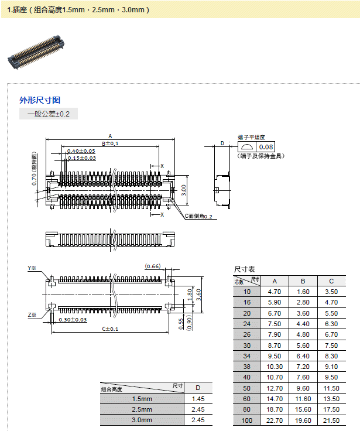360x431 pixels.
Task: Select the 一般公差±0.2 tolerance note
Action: coord(48,114)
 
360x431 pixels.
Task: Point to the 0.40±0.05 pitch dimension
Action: coord(81,151)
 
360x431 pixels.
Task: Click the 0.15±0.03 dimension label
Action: coord(81,158)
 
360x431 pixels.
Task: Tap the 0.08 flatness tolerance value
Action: coord(266,147)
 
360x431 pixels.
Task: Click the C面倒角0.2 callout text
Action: coord(201,216)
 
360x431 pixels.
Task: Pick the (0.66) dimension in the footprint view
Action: coord(153,266)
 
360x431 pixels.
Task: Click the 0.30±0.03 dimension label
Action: coord(72,320)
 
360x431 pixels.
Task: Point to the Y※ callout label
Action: coord(32,268)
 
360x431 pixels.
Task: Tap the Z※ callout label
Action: coord(32,315)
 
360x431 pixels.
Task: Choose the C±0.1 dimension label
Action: coord(110,329)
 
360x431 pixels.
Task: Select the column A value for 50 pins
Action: coord(275,388)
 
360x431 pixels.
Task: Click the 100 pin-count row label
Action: coord(246,421)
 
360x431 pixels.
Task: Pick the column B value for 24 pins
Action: coord(303,324)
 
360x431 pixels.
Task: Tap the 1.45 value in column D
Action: coord(198,399)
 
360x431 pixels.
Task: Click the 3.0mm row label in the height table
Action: coord(142,420)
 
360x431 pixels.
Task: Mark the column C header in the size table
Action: coord(331,281)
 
